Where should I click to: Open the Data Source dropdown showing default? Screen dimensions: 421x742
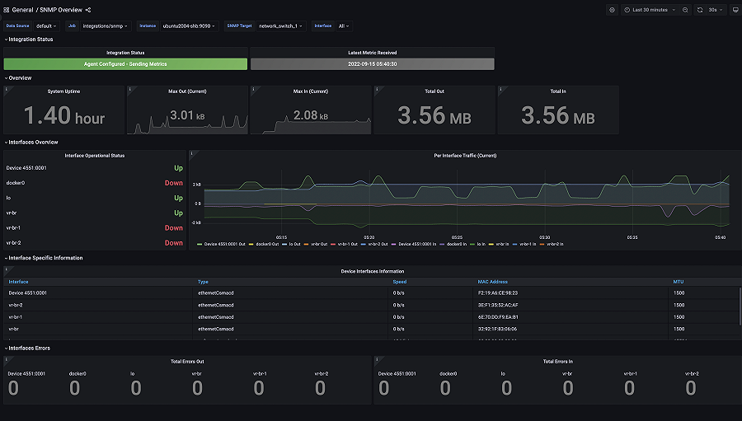[45, 26]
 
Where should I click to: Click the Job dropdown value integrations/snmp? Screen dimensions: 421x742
[104, 26]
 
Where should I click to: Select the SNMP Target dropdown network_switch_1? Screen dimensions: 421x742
[280, 26]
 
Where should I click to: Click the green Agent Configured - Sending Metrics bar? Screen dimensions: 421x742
[125, 63]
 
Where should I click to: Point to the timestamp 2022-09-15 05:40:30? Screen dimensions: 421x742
[372, 63]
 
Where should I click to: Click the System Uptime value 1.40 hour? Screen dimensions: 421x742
[64, 117]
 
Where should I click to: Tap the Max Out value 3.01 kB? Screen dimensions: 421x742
[187, 115]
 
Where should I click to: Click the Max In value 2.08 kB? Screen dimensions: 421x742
[311, 115]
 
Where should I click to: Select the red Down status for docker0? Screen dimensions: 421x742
[173, 183]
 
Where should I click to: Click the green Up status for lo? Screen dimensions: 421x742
[178, 198]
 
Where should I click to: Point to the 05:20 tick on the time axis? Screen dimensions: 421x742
[369, 237]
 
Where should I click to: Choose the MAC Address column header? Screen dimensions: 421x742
[494, 282]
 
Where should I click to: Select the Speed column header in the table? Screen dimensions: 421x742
[399, 282]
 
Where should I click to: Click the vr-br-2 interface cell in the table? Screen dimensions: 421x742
[16, 305]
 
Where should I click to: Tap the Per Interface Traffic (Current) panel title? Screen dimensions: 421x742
[462, 155]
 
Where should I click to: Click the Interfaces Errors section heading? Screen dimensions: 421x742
[30, 348]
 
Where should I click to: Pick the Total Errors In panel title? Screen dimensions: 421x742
[559, 361]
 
